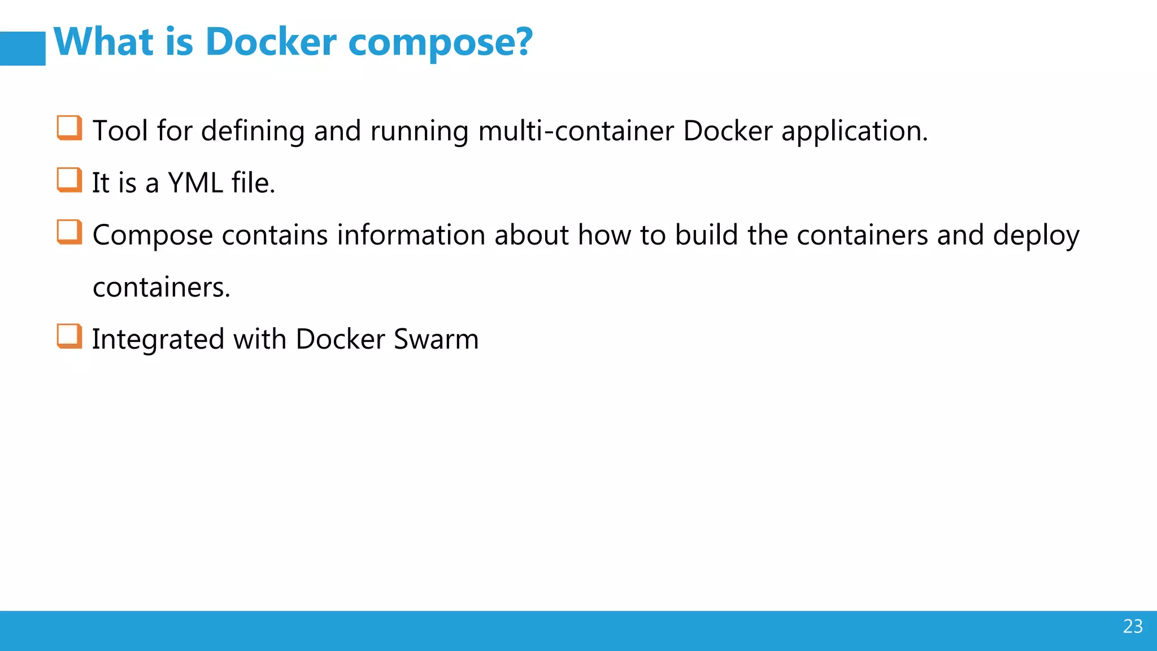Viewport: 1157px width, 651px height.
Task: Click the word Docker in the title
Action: click(x=271, y=42)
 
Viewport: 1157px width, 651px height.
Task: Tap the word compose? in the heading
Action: click(x=440, y=43)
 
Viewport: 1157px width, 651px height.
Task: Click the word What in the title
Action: click(x=104, y=42)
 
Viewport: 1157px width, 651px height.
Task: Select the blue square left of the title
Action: click(x=23, y=49)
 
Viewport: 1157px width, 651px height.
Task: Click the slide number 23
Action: click(x=1133, y=626)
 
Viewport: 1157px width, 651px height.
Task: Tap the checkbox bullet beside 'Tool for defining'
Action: click(x=69, y=128)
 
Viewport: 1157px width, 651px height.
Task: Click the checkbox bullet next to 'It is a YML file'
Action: click(x=69, y=180)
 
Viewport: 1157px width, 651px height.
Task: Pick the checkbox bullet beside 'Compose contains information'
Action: click(x=69, y=232)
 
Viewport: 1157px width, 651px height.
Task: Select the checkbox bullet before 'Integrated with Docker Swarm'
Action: click(x=69, y=336)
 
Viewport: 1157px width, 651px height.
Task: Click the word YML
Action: click(x=195, y=183)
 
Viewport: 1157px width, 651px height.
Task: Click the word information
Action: click(x=411, y=235)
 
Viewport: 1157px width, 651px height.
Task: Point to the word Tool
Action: click(x=120, y=131)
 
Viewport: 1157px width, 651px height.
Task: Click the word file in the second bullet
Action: click(x=253, y=183)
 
